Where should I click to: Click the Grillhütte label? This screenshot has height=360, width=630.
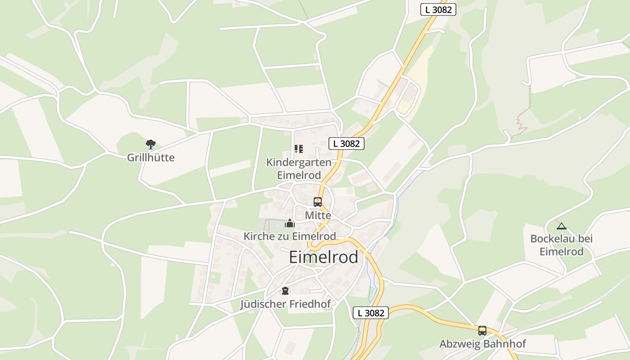(x=150, y=157)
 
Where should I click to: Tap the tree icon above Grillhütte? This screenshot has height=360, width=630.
(x=150, y=144)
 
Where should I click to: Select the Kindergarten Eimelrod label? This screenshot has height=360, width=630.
(x=299, y=169)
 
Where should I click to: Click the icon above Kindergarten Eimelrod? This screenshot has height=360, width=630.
(x=298, y=148)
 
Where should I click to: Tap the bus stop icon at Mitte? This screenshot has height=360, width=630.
(x=318, y=202)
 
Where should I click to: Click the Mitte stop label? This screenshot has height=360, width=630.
(x=318, y=216)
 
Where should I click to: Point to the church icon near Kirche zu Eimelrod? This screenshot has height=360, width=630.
(x=290, y=223)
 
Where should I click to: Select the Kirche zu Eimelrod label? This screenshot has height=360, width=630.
(x=290, y=236)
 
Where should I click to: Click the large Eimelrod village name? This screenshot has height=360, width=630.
(x=324, y=257)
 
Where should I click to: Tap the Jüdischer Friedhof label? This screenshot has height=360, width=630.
(x=285, y=304)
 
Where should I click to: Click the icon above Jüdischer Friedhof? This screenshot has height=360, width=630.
(x=285, y=291)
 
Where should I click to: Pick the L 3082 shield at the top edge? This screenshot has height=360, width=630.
(x=438, y=9)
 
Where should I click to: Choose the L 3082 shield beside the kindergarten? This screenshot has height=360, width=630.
(x=346, y=144)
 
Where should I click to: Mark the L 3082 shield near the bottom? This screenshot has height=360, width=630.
(x=370, y=313)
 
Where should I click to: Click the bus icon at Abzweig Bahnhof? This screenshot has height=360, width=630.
(x=482, y=331)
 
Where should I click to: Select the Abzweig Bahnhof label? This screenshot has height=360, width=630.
(x=482, y=344)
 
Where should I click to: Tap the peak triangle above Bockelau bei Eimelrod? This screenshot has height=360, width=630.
(x=561, y=226)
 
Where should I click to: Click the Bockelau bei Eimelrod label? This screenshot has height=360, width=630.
(x=561, y=245)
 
